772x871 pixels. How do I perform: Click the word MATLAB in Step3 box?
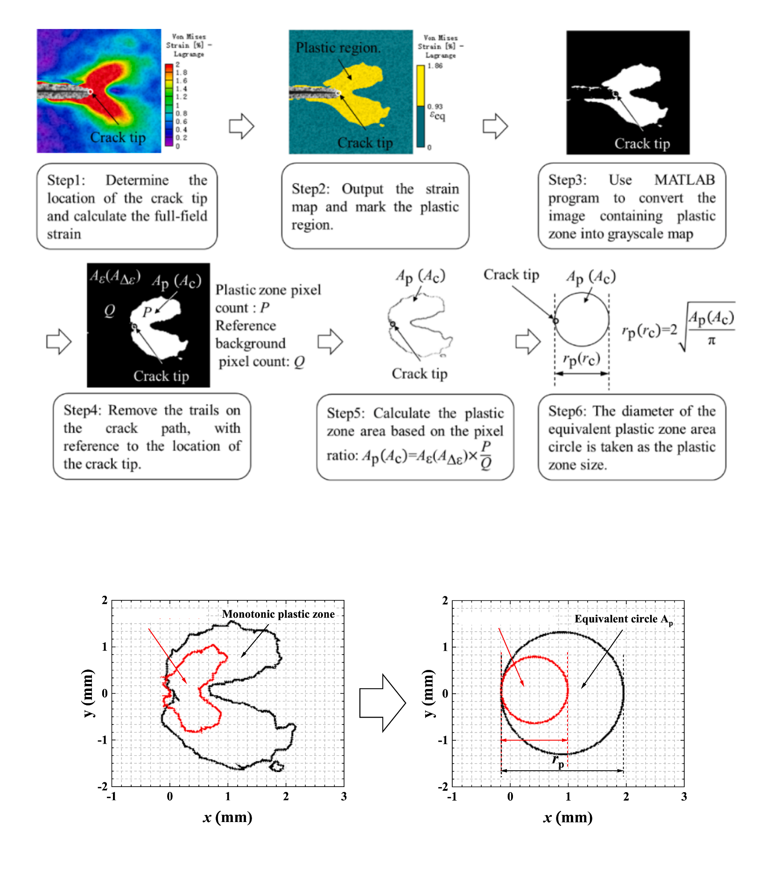coord(684,180)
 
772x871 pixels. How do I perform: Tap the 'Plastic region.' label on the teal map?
coord(338,48)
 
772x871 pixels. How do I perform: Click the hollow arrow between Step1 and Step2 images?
coord(241,126)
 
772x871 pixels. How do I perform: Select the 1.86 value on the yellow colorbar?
coord(435,66)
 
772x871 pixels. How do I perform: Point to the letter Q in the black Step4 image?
coord(110,310)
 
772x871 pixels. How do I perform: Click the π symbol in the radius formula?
coord(711,341)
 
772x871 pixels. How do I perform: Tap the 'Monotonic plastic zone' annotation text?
coord(278,614)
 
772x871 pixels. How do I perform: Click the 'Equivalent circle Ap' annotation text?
coord(623,619)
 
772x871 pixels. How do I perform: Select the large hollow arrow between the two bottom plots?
coord(382,703)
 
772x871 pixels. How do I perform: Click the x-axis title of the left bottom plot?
coord(227,817)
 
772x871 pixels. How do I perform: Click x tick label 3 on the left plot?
coord(344,796)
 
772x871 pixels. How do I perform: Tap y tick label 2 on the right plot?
coord(445,600)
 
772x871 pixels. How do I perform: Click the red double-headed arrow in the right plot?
coord(534,740)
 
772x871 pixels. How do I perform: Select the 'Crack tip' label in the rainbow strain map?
coord(118,137)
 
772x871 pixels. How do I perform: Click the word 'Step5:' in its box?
coord(345,413)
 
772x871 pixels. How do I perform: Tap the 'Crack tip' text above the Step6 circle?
coord(511,275)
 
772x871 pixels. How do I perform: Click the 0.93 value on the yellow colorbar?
coord(435,107)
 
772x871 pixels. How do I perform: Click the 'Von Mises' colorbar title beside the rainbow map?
coord(189,36)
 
